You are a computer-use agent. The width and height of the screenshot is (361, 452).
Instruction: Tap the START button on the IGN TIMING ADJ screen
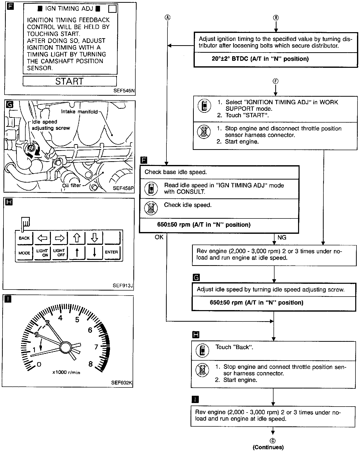pos(69,81)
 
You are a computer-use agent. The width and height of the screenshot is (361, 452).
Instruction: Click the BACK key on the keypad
pos(24,238)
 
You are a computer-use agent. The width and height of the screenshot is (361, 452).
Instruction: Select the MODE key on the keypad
pos(24,253)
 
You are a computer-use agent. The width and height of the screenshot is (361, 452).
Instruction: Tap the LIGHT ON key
pos(42,253)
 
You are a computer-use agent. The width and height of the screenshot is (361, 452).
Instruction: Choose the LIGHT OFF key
pos(59,253)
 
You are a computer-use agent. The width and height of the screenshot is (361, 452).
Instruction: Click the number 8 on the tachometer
pos(91,364)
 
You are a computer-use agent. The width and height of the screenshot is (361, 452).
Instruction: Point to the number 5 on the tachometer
pos(77,320)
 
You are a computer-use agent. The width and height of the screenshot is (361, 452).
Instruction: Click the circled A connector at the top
pos(167,17)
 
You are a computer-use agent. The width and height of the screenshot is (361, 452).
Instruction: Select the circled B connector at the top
pos(276,18)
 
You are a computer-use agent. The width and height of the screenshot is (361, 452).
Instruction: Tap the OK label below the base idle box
pos(159,237)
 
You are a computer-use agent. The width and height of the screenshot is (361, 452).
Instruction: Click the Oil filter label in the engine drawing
pos(72,185)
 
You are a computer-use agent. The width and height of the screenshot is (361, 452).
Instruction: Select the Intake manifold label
pos(79,112)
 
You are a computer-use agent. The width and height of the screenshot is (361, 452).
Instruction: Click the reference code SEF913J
pos(123,285)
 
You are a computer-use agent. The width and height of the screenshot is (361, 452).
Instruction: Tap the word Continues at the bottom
pos(268,447)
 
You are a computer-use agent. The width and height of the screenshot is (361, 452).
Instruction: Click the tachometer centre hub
pos(66,347)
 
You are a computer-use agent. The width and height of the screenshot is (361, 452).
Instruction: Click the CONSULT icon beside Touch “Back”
pos(202,351)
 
